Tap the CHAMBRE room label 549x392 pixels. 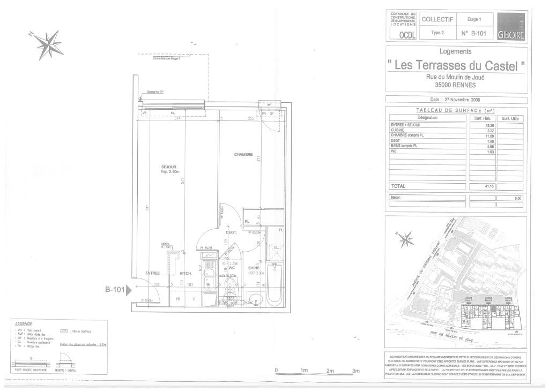243,154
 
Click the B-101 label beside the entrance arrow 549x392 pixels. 114,290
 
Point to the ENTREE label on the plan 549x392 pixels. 153,273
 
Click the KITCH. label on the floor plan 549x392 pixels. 186,273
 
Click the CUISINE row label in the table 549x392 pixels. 398,130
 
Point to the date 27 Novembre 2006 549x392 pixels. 456,100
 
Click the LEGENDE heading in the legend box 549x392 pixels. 25,323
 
